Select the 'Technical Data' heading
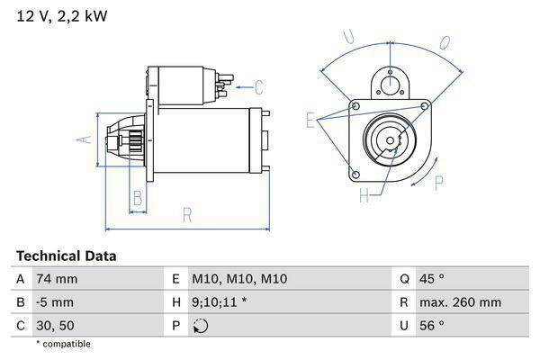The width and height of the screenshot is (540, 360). coord(66,256)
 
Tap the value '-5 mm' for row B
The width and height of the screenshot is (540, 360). coord(54,302)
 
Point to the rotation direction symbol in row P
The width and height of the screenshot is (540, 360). coord(201,326)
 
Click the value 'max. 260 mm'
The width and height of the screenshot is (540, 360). coord(463,302)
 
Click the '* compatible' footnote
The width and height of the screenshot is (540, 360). coord(63,344)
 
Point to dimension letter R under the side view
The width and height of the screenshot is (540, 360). coord(187,215)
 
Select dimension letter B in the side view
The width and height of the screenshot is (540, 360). coord(138,197)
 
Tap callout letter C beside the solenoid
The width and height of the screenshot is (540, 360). coord(258,87)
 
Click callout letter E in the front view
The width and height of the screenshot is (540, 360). coord(310,120)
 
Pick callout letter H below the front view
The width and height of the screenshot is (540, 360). coord(364,194)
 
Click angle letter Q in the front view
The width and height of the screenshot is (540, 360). coord(444,40)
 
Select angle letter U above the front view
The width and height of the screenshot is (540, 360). coord(350,38)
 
